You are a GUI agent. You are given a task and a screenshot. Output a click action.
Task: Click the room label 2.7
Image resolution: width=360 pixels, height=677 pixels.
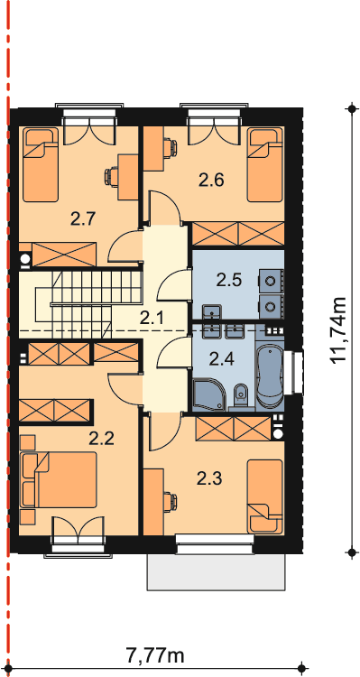(x=83, y=220)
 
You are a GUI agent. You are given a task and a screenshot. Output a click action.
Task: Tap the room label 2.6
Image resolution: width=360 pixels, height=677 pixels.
(x=211, y=180)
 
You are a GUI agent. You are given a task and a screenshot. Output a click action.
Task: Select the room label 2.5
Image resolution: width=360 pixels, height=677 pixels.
(x=229, y=281)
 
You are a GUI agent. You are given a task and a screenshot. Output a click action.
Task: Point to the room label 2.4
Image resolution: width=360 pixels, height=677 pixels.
(x=221, y=358)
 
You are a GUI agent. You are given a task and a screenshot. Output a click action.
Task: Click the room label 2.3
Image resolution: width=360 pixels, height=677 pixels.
(x=209, y=478)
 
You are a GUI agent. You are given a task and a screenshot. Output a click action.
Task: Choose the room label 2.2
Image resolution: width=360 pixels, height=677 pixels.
(x=101, y=439)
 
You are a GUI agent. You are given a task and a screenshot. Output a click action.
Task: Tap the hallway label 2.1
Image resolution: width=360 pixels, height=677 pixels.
(x=152, y=319)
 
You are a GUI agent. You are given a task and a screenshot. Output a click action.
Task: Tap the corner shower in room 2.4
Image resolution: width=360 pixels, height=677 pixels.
(x=209, y=394)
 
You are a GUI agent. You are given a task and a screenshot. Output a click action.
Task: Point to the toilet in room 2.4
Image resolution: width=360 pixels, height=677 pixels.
(x=240, y=396)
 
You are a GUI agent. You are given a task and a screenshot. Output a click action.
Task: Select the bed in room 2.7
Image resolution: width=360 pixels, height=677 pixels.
(x=40, y=164)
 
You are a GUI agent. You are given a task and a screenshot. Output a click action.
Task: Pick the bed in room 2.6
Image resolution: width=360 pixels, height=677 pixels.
(x=264, y=164)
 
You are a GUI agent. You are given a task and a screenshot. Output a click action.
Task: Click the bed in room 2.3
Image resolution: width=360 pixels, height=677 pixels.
(x=264, y=496)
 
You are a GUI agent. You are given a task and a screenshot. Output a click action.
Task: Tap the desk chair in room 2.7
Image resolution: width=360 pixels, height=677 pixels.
(x=110, y=176)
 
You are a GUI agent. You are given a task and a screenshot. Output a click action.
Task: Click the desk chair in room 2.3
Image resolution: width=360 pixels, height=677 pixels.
(x=171, y=502)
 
